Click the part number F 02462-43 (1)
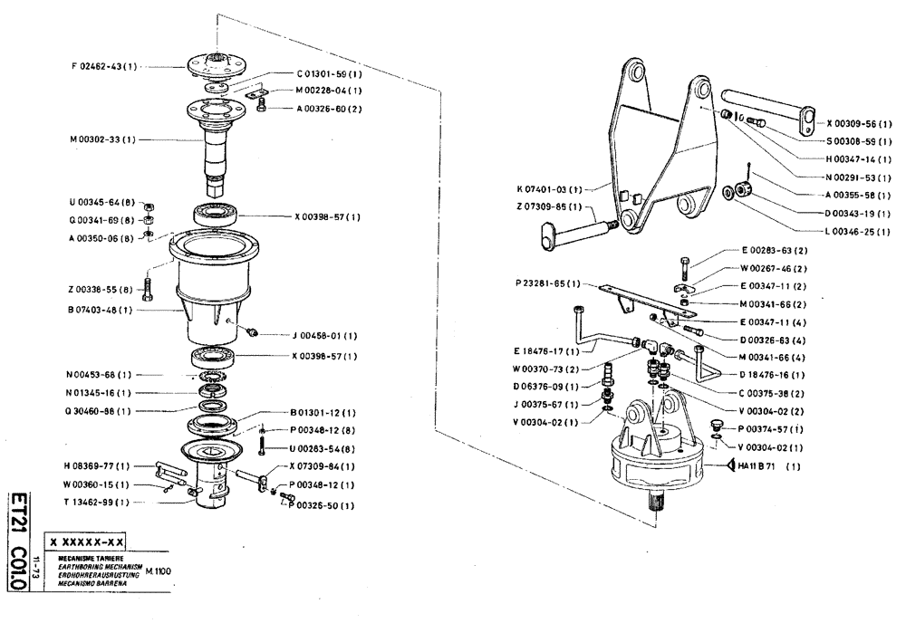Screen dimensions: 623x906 point(104,66)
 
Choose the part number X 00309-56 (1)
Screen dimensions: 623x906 point(859,123)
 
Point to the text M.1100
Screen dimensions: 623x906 point(158,571)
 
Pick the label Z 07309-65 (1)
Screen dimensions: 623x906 point(547,207)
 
